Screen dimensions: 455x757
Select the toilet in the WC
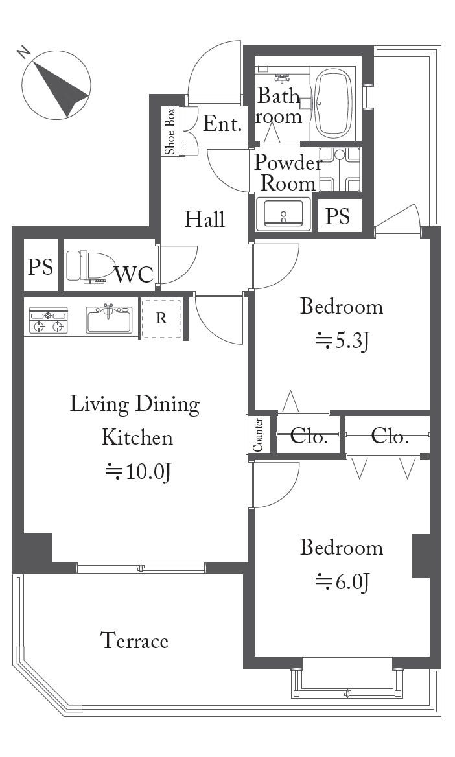(85, 266)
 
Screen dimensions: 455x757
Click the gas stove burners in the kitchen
(49, 320)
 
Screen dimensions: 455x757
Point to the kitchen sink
(109, 320)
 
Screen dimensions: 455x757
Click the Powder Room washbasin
(283, 213)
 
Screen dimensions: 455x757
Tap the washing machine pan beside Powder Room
(340, 169)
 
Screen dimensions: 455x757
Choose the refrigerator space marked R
(161, 318)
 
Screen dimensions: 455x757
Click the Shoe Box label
(170, 131)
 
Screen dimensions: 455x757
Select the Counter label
(258, 434)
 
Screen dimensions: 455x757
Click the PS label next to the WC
(40, 266)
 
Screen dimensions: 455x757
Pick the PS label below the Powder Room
(337, 216)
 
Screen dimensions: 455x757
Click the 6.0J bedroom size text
(342, 583)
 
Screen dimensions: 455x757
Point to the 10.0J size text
(137, 472)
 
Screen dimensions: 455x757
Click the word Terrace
(134, 640)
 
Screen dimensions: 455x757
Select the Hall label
(205, 219)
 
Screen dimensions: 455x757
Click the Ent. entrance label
(222, 124)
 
